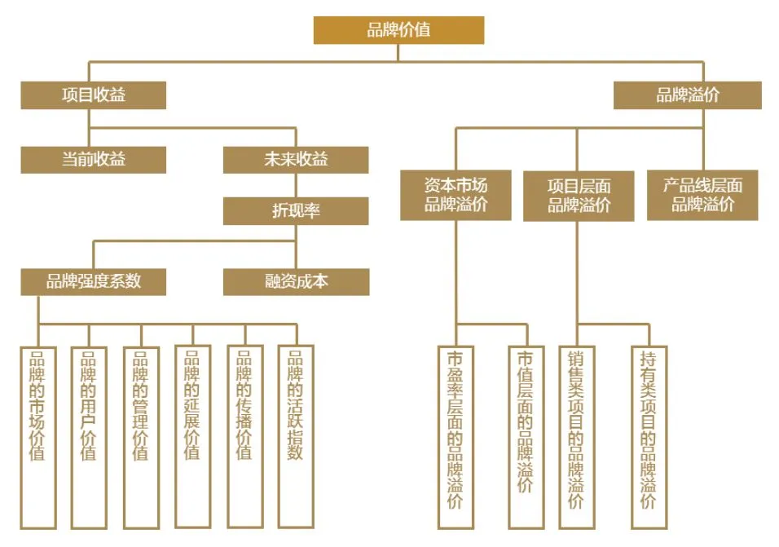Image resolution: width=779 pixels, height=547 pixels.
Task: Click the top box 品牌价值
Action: click(398, 30)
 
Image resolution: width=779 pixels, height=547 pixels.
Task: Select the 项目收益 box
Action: click(93, 95)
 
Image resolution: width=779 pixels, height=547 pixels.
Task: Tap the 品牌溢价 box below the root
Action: click(687, 95)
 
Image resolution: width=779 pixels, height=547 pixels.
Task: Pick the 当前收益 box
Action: click(93, 160)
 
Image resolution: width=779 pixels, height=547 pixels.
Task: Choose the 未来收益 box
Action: click(296, 160)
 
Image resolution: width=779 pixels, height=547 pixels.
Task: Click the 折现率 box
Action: click(296, 211)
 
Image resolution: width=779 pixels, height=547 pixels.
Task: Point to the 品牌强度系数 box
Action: click(93, 281)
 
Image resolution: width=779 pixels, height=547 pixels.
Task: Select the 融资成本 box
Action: click(296, 281)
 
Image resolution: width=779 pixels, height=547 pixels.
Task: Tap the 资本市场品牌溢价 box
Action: click(456, 195)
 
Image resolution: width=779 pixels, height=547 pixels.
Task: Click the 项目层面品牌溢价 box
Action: click(579, 196)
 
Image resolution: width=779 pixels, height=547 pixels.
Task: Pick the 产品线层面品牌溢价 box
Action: click(702, 195)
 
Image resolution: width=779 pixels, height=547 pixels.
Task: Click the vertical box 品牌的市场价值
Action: click(37, 436)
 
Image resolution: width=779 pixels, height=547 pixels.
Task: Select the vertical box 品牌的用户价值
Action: click(89, 436)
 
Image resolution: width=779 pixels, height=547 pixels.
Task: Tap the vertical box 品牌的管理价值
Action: click(140, 436)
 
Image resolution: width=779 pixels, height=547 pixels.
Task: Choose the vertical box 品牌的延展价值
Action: click(192, 436)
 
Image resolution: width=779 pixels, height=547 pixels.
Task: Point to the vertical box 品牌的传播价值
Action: click(244, 436)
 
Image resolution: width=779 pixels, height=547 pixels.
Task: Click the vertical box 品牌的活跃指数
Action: click(295, 436)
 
